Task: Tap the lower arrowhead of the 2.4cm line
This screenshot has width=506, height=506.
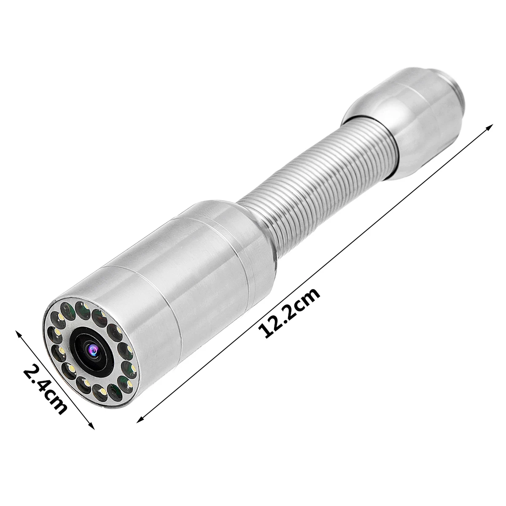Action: [92, 427]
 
